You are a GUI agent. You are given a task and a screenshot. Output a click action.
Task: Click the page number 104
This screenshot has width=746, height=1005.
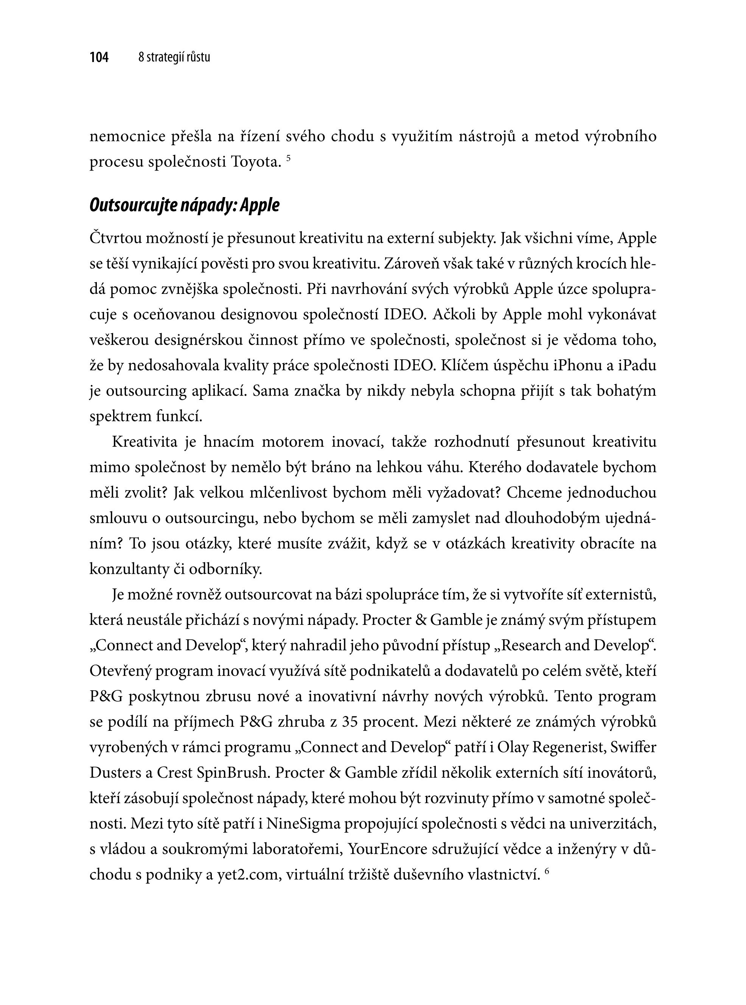click(99, 58)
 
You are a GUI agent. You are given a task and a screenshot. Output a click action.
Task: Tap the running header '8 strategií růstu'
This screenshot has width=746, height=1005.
click(174, 58)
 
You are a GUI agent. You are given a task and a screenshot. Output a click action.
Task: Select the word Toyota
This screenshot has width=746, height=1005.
click(254, 162)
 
